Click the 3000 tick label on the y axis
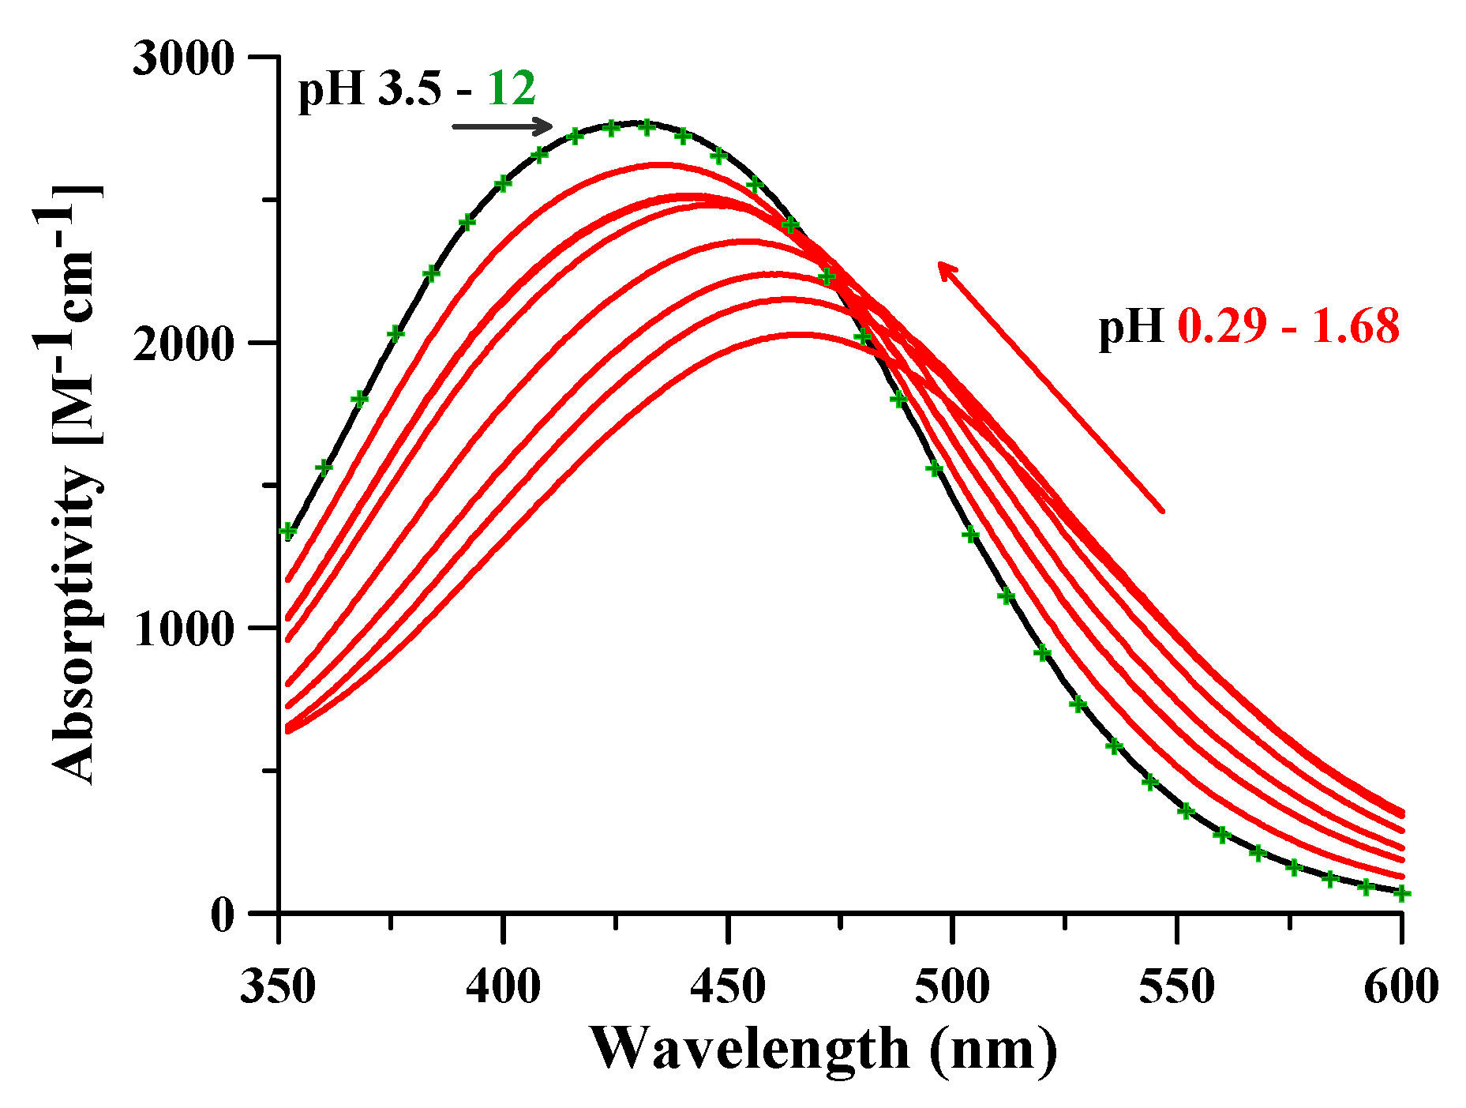click(x=183, y=59)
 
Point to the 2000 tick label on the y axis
click(x=183, y=344)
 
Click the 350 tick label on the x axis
click(x=278, y=986)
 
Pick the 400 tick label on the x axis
click(x=503, y=986)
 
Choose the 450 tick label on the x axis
click(x=728, y=986)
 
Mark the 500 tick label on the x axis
click(x=952, y=986)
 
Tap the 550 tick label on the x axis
click(x=1177, y=986)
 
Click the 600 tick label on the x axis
click(x=1401, y=986)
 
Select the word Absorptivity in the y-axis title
click(x=75, y=624)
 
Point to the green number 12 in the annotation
click(x=511, y=88)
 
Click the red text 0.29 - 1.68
click(x=1288, y=325)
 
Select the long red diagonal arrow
click(x=1050, y=387)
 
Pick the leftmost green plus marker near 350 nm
click(x=288, y=531)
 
